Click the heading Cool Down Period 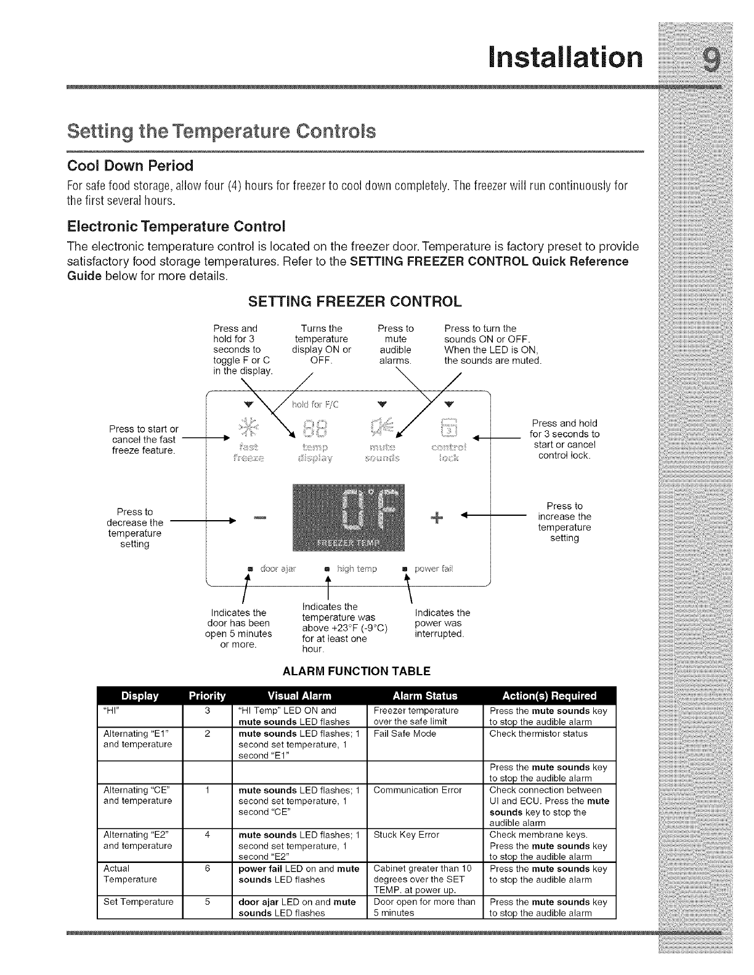pos(130,166)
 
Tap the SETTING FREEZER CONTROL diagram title pos(354,302)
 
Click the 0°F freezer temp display pos(349,517)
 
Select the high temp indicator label pos(357,569)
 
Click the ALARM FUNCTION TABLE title pos(356,671)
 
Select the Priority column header pos(207,696)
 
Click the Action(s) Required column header pos(549,696)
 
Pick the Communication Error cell pos(418,790)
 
